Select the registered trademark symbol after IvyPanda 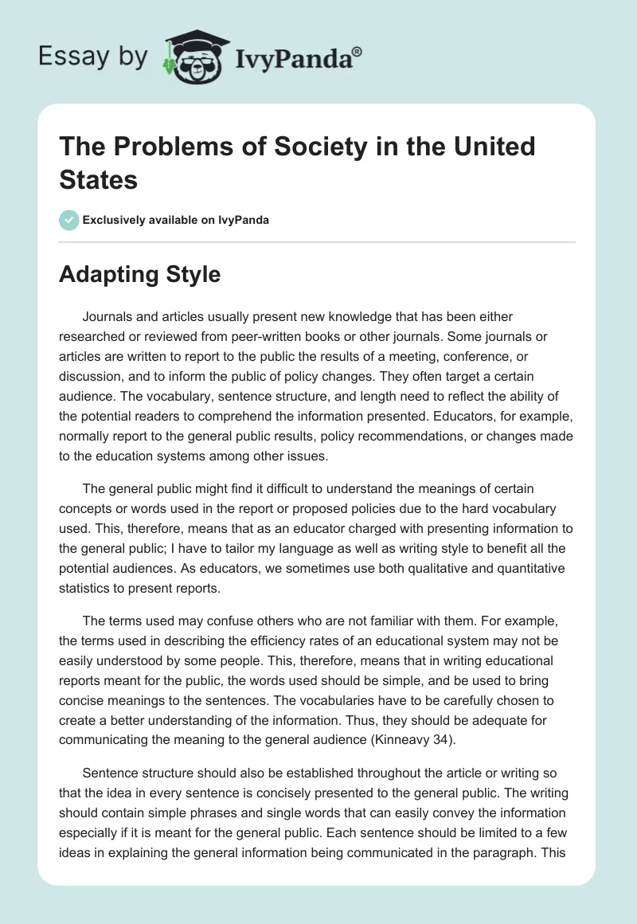click(x=358, y=51)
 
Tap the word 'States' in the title click(x=98, y=179)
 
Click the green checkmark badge click(x=69, y=220)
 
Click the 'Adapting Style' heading click(x=139, y=275)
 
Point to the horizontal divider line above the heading click(x=317, y=241)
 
